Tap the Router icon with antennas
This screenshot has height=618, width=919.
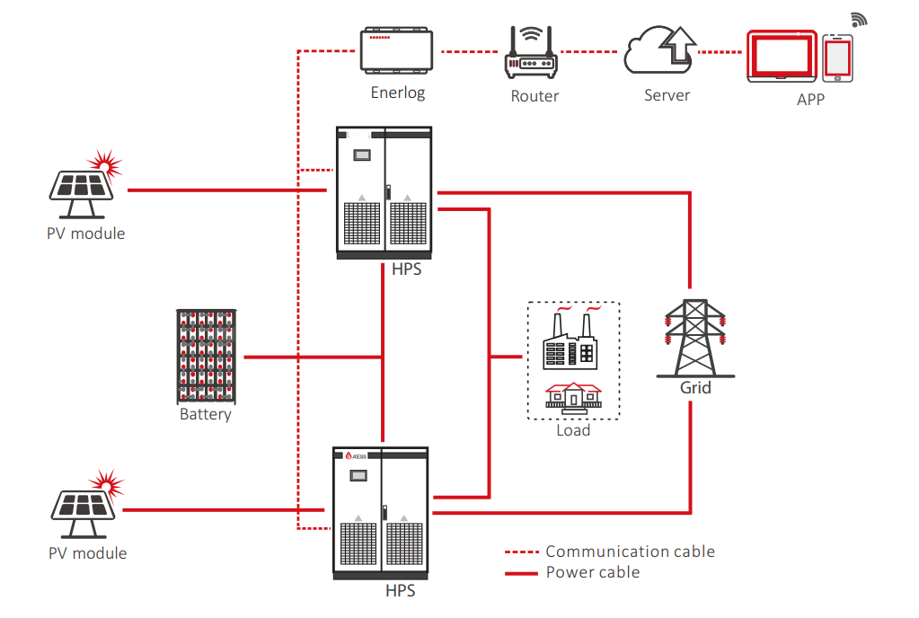[534, 56]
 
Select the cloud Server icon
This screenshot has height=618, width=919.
[661, 52]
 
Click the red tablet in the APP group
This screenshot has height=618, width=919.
[782, 57]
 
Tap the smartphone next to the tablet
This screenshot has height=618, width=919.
[837, 59]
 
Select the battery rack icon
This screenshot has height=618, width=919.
[206, 357]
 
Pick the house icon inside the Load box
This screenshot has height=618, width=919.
[573, 396]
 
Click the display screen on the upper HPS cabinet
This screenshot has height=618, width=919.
[361, 154]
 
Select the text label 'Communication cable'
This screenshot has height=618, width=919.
[630, 552]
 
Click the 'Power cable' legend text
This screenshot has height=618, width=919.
[593, 572]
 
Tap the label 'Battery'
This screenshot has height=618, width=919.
[205, 415]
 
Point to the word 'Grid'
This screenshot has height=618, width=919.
[695, 388]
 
